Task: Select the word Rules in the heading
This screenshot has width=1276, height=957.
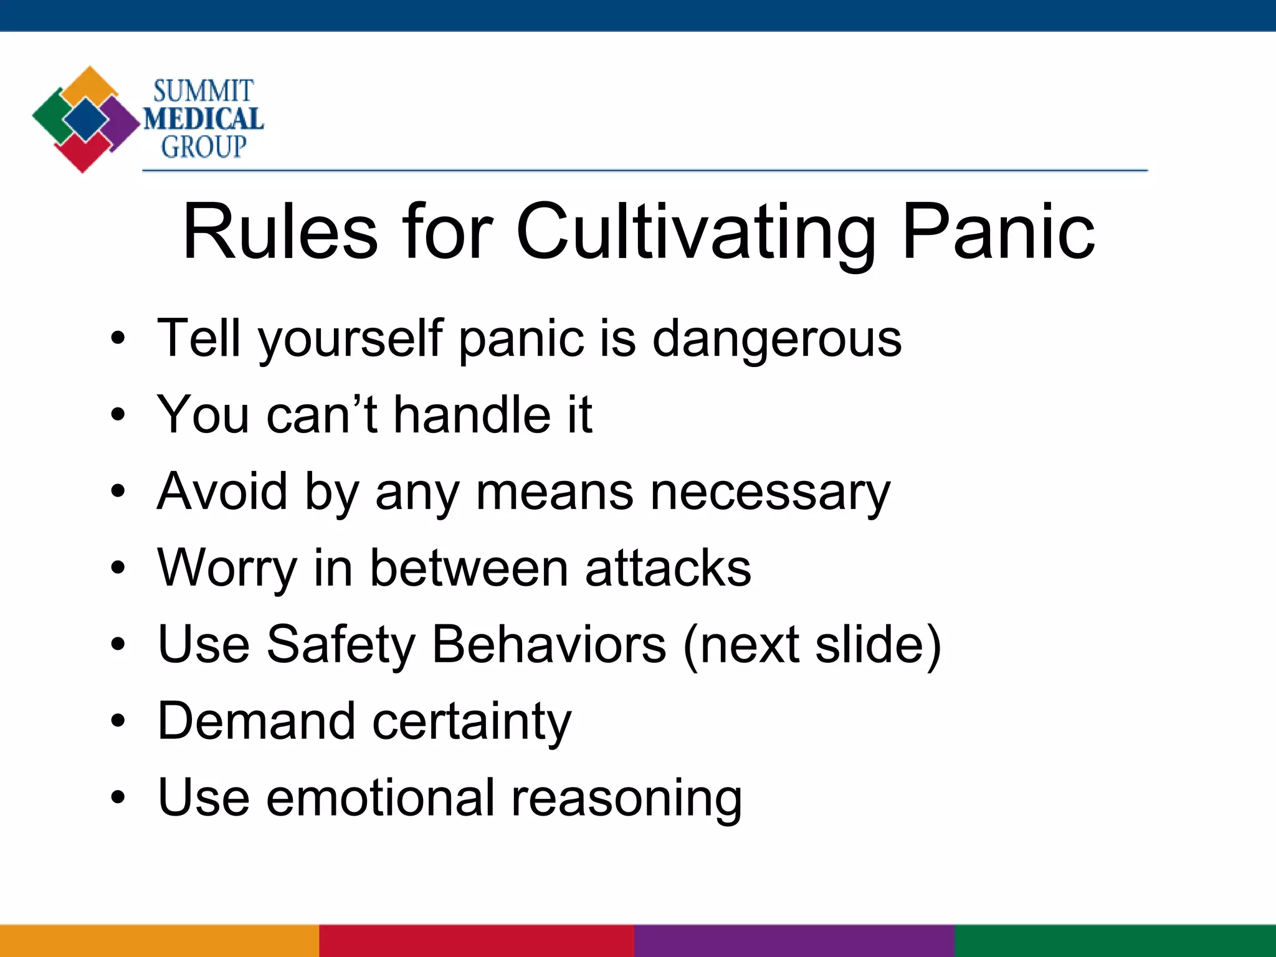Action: point(280,232)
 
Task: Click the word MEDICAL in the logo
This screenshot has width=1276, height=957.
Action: point(203,119)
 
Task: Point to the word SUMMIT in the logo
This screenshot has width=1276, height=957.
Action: point(203,91)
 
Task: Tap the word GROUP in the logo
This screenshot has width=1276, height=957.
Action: point(204,147)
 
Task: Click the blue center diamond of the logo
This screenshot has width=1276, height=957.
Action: point(86,120)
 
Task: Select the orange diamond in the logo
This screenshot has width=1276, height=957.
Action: point(90,85)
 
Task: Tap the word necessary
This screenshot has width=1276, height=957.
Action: point(770,492)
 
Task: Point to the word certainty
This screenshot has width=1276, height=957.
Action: point(472,721)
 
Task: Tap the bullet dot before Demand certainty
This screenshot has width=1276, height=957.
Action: point(118,721)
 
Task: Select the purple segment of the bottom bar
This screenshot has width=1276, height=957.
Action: point(794,941)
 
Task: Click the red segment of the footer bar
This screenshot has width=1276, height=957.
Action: point(477,941)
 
